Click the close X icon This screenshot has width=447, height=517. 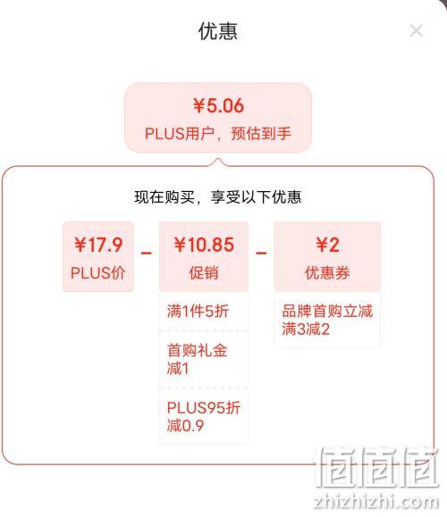coord(416,30)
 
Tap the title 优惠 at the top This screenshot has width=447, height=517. coord(218,31)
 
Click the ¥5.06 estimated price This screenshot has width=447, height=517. coord(218,105)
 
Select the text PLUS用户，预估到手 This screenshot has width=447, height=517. coord(218,134)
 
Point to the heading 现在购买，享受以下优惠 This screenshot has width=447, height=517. coord(218,196)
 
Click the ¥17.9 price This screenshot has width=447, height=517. coord(98,245)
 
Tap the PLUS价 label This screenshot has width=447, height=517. coord(98,273)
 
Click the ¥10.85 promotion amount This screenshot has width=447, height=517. coord(204,245)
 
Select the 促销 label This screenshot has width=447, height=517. coord(204,273)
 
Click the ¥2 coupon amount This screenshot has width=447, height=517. coord(327,245)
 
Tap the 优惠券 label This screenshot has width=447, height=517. coord(327,273)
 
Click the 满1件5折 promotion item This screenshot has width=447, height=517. coord(198,312)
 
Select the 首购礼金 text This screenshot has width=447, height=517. coord(197,350)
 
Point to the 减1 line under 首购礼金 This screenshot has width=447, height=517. coord(178,368)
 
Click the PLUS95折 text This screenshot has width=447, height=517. coord(204,407)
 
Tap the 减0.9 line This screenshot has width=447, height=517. coord(185,426)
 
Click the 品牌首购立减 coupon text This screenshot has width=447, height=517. coord(327,311)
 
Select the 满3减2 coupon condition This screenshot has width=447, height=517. coord(306,329)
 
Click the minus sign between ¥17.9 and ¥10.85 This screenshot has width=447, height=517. coord(147,254)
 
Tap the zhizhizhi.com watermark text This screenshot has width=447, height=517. coord(376,502)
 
